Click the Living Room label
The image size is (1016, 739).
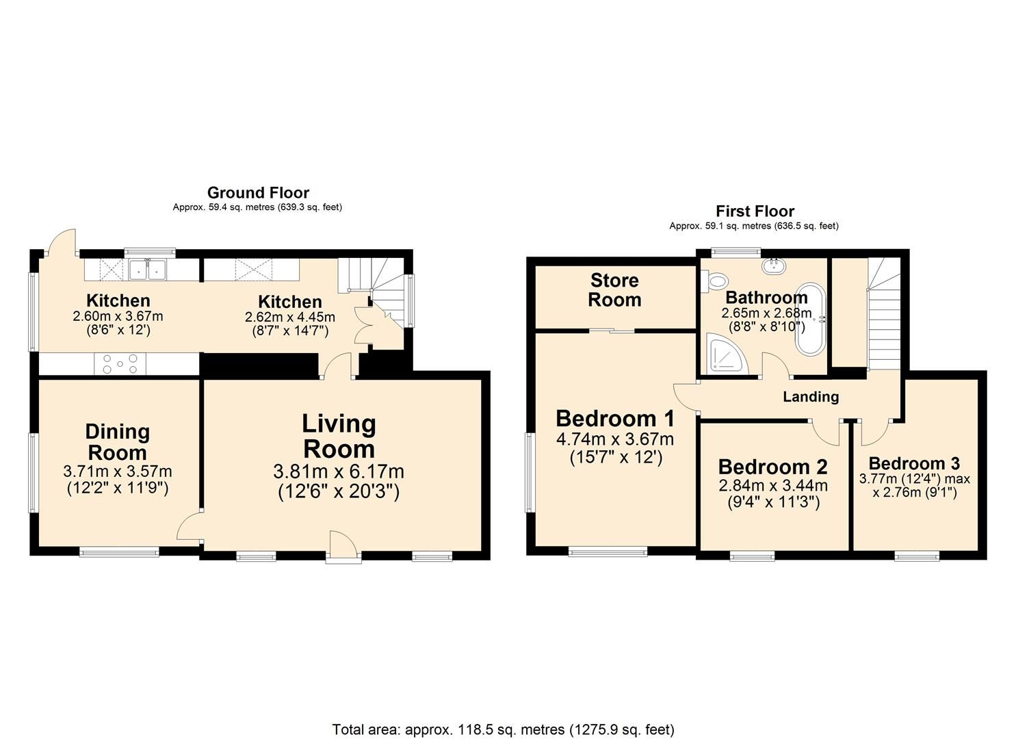339,437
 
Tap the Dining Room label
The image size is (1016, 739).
117,442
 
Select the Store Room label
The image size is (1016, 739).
614,289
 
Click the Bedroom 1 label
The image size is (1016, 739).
615,418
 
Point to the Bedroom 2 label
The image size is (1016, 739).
772,467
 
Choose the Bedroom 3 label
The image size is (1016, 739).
914,463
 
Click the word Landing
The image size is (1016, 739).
811,396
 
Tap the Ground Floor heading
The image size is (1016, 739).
258,193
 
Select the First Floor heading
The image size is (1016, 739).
755,211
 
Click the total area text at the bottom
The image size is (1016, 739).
503,729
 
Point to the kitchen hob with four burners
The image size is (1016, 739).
120,363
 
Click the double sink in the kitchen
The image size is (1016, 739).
148,270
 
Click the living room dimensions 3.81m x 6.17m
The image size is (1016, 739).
339,471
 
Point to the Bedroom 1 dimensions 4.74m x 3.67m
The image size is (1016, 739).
615,439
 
